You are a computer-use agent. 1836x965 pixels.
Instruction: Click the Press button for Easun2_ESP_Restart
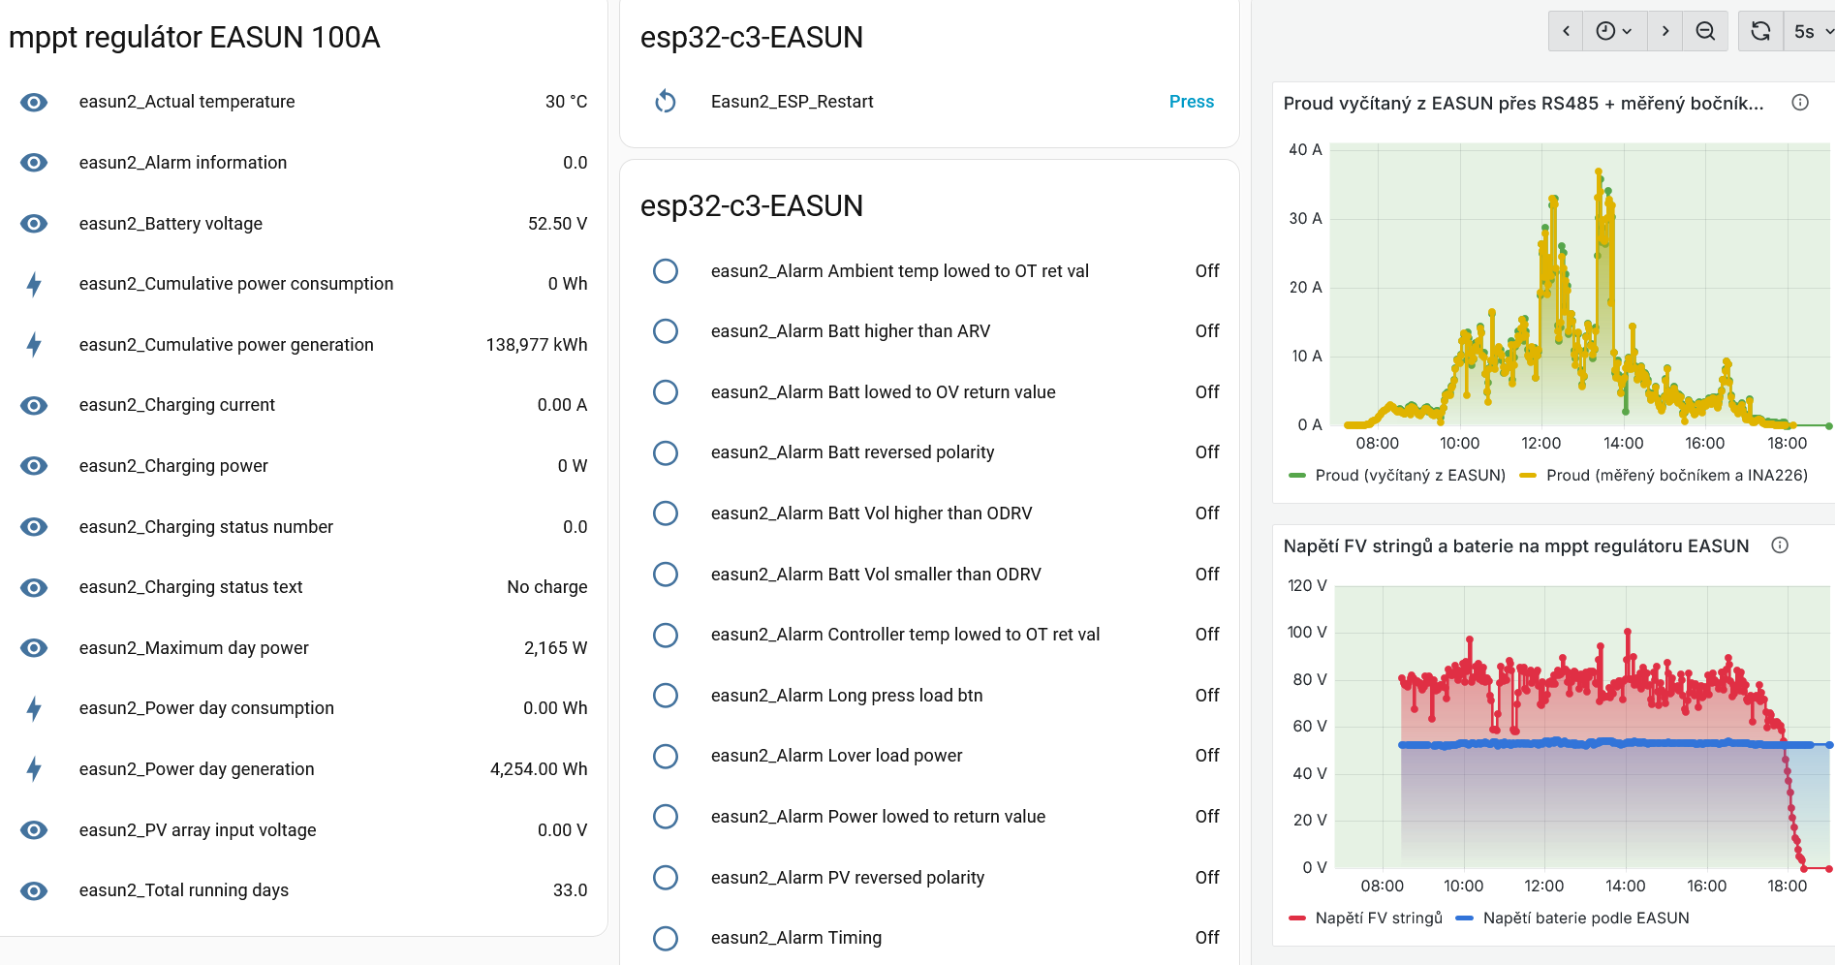1191,102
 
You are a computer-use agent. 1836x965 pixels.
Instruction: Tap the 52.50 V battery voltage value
557,224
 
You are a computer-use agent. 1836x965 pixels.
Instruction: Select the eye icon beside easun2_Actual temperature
34,102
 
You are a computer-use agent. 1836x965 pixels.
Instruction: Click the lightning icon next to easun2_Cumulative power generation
34,345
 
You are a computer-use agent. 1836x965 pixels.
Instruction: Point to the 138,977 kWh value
536,345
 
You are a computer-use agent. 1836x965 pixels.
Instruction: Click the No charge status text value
546,587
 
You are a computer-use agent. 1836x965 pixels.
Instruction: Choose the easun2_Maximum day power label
194,648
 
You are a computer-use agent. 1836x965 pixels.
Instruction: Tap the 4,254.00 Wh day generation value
538,769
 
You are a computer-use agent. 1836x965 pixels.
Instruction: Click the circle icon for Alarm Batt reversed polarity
666,452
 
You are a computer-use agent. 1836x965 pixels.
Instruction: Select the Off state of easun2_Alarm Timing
1206,938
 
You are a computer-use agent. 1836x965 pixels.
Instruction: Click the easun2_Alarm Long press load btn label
847,696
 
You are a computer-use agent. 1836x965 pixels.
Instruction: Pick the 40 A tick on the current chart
1304,150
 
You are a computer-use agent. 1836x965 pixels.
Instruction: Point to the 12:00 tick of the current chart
1540,444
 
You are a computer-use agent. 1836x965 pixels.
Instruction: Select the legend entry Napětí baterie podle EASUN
1585,918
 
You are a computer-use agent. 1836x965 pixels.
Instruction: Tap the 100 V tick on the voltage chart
1306,633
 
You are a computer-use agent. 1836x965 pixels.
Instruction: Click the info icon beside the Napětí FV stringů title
1780,545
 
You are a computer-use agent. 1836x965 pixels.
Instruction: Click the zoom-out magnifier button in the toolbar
1705,32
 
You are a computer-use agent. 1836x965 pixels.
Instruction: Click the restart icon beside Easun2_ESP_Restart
666,102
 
